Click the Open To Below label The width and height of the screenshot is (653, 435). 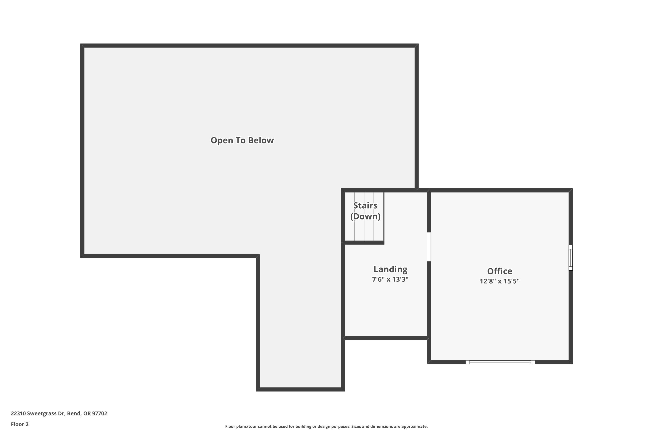click(242, 140)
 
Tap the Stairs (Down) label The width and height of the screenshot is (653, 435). click(365, 211)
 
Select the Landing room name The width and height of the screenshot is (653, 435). click(390, 269)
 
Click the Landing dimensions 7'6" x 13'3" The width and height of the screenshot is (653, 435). click(390, 279)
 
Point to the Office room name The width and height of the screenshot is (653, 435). click(500, 271)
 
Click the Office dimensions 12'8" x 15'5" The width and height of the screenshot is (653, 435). click(500, 281)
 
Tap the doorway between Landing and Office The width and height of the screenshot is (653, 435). click(429, 247)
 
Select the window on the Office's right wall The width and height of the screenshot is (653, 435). click(571, 258)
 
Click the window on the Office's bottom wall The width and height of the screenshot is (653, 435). click(500, 362)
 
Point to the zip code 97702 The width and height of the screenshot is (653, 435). click(100, 413)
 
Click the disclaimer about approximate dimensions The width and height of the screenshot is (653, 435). click(326, 426)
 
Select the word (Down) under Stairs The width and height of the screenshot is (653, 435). click(365, 216)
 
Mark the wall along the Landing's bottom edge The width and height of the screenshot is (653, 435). click(386, 338)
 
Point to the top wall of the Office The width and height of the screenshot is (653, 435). click(500, 191)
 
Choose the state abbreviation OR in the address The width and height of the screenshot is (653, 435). click(87, 413)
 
